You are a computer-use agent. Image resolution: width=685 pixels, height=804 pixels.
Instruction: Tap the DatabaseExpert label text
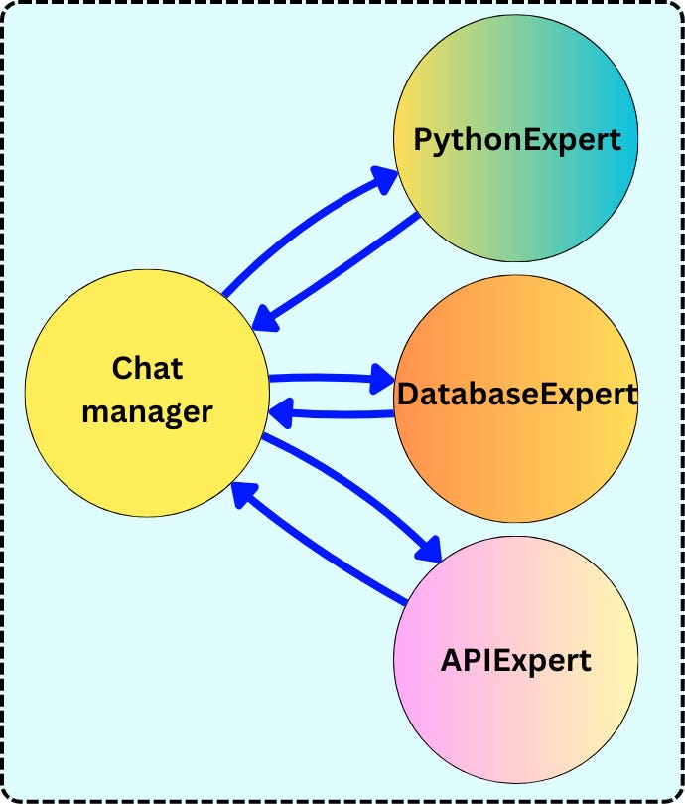point(516,394)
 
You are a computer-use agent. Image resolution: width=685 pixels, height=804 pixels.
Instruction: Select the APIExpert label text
point(515,659)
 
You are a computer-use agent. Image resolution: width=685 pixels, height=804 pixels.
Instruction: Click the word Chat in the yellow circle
point(147,368)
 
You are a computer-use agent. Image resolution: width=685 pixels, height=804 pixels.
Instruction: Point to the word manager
point(147,410)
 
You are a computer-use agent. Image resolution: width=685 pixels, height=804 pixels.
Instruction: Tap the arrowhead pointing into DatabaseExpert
point(382,379)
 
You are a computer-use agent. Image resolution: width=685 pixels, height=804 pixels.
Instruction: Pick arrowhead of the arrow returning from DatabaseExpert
point(284,409)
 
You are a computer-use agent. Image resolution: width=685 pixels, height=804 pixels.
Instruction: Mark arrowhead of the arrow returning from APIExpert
point(242,494)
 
